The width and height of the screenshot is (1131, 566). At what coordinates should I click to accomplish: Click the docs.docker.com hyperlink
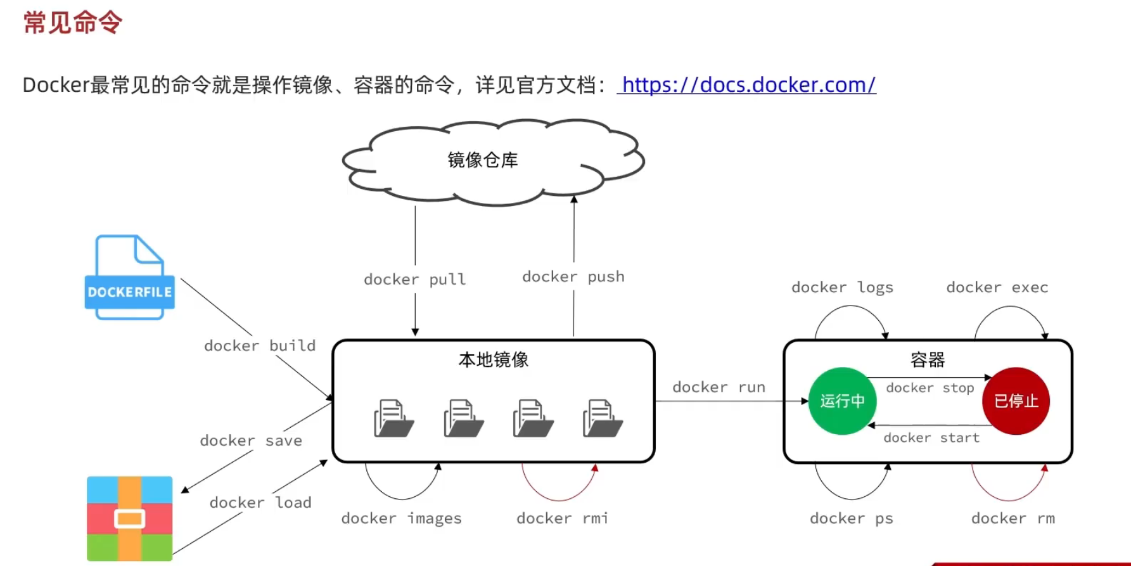pyautogui.click(x=748, y=84)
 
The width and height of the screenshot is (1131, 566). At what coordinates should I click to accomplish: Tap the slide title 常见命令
pyautogui.click(x=73, y=23)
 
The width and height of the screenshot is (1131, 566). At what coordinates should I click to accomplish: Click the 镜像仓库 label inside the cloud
pyautogui.click(x=483, y=160)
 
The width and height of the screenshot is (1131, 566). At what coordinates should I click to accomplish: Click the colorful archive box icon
pyautogui.click(x=130, y=518)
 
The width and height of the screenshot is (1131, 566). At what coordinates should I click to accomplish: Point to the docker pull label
pyautogui.click(x=415, y=280)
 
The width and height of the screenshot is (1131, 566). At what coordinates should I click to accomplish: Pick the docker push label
pyautogui.click(x=573, y=277)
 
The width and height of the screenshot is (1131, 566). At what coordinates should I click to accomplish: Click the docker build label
pyautogui.click(x=260, y=345)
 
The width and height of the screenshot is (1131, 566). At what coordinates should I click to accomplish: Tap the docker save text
pyautogui.click(x=251, y=441)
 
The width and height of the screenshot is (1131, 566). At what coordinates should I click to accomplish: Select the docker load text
pyautogui.click(x=260, y=503)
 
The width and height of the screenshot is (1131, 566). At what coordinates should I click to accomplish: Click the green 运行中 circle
pyautogui.click(x=842, y=401)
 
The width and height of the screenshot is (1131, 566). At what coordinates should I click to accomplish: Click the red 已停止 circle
pyautogui.click(x=1016, y=401)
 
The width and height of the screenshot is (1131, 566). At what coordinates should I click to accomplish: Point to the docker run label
pyautogui.click(x=719, y=387)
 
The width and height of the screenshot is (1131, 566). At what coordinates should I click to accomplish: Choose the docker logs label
pyautogui.click(x=842, y=288)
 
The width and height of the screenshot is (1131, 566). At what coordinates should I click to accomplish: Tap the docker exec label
pyautogui.click(x=997, y=288)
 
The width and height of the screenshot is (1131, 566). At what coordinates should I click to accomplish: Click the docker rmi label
pyautogui.click(x=562, y=518)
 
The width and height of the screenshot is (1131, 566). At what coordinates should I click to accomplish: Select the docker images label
pyautogui.click(x=401, y=518)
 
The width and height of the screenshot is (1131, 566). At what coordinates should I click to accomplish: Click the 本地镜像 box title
pyautogui.click(x=493, y=360)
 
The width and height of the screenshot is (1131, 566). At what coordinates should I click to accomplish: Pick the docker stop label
pyautogui.click(x=930, y=388)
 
